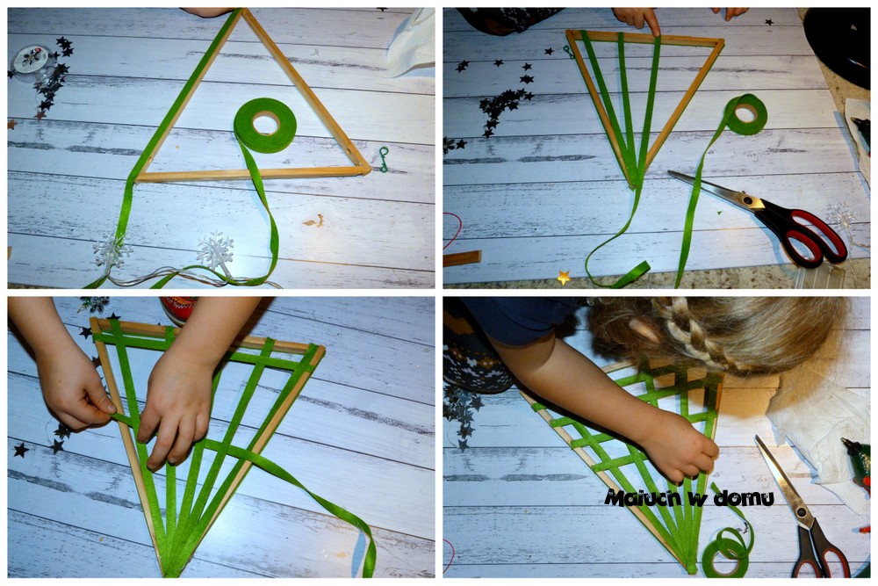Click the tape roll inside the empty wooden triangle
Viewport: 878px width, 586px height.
(265, 125)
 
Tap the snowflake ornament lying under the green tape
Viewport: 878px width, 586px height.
(112, 250)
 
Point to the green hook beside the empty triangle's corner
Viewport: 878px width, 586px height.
(384, 159)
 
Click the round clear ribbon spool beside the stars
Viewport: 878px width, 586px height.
(32, 60)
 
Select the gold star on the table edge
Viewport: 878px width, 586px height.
(564, 277)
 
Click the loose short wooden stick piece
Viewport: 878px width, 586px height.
(462, 258)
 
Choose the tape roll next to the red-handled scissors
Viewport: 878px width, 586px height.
(745, 114)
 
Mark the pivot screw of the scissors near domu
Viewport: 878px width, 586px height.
(802, 512)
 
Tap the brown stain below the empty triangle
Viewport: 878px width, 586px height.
(314, 221)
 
